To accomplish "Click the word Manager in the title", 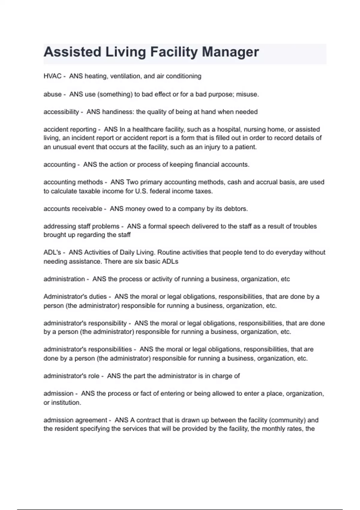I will coord(230,52).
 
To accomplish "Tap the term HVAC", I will coord(52,76).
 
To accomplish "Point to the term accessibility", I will coord(61,112).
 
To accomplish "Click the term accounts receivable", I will coord(73,209).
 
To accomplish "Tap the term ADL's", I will coord(52,253).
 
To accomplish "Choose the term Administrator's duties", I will coord(75,297).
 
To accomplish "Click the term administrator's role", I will coord(71,376).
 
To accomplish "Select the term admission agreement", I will coord(75,420).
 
